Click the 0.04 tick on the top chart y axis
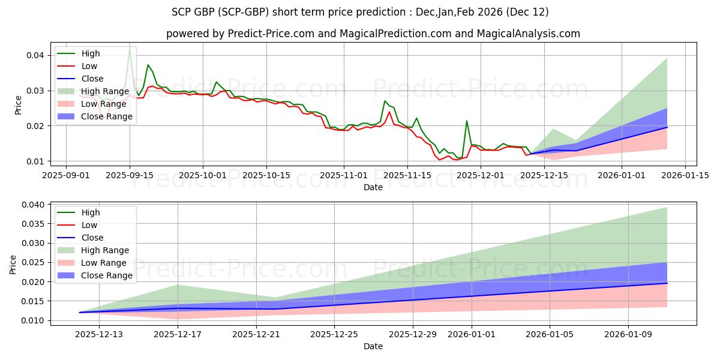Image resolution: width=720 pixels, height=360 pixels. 37,55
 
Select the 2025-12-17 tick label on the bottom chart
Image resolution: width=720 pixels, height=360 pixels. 178,334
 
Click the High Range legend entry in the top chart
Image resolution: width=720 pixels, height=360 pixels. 105,91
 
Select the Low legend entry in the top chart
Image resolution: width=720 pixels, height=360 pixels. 89,66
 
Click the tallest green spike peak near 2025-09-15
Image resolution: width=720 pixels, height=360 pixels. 130,47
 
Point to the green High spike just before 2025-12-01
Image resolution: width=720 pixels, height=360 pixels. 467,121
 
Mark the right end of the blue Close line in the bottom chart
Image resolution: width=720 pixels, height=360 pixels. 667,283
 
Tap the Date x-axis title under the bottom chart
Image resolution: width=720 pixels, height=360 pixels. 373,347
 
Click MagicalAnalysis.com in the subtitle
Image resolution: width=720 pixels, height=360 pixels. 528,34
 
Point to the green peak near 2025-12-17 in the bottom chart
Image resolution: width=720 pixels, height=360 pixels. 178,285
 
